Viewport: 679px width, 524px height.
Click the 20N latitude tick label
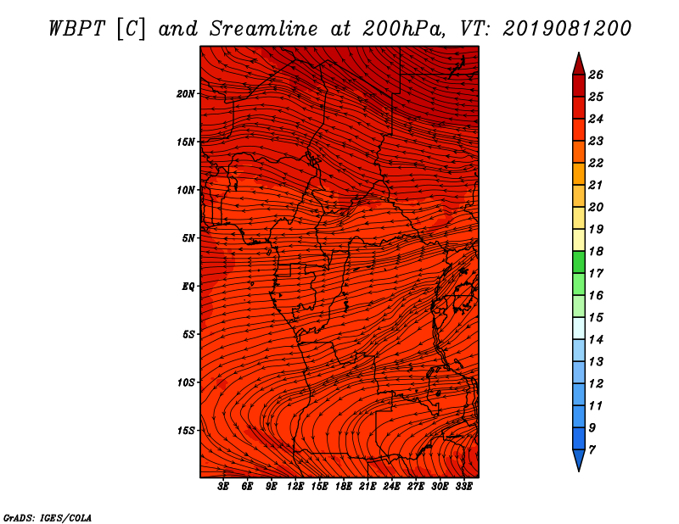(x=186, y=94)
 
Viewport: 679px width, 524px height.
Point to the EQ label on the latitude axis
(x=188, y=287)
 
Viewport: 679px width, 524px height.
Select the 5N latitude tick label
(x=188, y=238)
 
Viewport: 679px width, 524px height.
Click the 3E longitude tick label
(x=223, y=486)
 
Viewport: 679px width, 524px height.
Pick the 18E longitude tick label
(x=343, y=486)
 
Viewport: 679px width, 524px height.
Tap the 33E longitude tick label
(x=463, y=486)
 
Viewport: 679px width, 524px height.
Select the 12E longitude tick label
(x=295, y=486)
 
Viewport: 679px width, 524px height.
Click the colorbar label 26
(x=596, y=75)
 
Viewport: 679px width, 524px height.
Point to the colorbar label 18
(x=596, y=251)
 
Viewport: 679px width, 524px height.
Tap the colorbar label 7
(x=592, y=450)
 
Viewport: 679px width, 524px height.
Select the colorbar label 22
(x=596, y=163)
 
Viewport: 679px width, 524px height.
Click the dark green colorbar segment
(x=579, y=262)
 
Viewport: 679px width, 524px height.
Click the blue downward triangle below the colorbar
(x=579, y=460)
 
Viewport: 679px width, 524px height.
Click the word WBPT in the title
(x=76, y=29)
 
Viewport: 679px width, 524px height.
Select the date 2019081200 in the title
(x=567, y=29)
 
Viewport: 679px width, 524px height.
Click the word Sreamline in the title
(x=264, y=29)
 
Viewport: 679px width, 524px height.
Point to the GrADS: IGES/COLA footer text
(x=48, y=518)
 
